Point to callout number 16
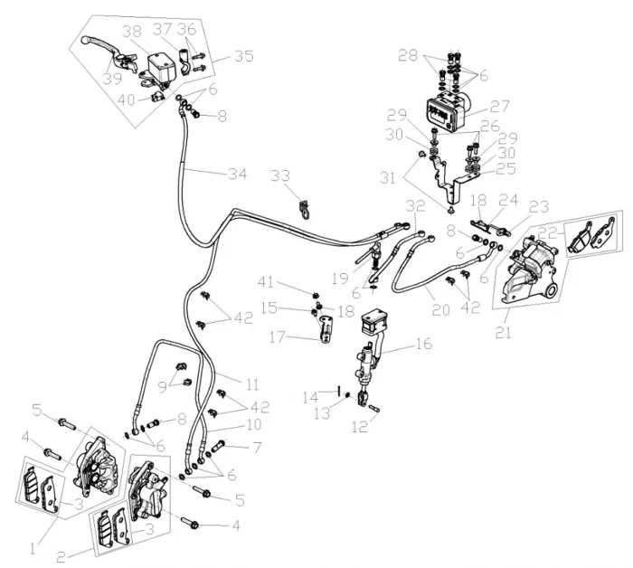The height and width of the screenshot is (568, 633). (x=422, y=345)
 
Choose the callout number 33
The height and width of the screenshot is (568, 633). (x=281, y=175)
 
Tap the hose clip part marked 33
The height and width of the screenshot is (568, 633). (x=306, y=210)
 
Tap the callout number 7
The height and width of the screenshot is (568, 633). (x=257, y=447)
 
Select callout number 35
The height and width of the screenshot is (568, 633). (x=243, y=55)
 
